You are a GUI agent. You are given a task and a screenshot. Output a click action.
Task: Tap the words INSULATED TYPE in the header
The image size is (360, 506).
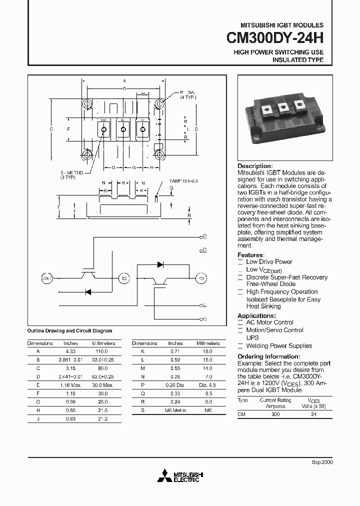297,60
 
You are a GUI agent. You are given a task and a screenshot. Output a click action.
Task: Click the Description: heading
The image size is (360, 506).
255,166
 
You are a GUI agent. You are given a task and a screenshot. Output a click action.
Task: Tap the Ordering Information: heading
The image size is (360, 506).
268,356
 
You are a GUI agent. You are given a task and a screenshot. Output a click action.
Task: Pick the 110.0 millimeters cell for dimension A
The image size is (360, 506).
103,351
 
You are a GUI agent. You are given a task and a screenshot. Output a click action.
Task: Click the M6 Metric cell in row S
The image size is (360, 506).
175,409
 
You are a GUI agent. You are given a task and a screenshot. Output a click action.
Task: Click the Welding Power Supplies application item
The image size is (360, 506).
278,346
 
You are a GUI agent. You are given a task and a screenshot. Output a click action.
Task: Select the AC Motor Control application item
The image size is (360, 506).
269,322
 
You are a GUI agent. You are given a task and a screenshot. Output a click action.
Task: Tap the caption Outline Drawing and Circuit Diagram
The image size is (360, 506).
69,331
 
